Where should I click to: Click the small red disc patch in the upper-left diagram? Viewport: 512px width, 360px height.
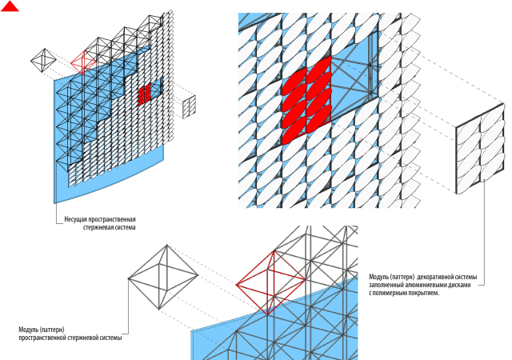coord(144,94)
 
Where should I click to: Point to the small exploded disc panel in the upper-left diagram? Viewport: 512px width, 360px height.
coord(190,107)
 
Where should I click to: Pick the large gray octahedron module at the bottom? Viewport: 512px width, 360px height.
coord(163,279)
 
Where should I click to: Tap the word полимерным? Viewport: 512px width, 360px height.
coord(392,294)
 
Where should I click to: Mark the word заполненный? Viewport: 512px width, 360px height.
coord(388,285)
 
